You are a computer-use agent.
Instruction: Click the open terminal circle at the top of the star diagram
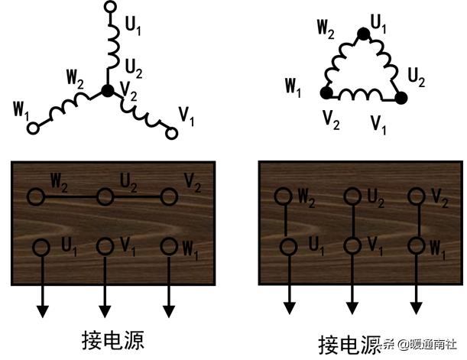click(109, 7)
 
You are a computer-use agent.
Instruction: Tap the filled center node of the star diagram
click(108, 91)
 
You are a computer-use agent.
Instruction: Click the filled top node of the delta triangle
click(364, 33)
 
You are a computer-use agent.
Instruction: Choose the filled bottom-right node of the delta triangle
click(401, 98)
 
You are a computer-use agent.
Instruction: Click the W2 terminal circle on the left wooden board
click(35, 197)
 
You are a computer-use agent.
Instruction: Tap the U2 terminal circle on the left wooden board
click(103, 197)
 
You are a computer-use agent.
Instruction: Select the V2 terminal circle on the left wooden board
click(170, 197)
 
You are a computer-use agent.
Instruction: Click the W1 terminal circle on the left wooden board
click(170, 247)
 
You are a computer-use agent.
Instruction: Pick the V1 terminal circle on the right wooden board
click(352, 247)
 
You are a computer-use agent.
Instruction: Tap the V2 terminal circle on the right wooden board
click(417, 196)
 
